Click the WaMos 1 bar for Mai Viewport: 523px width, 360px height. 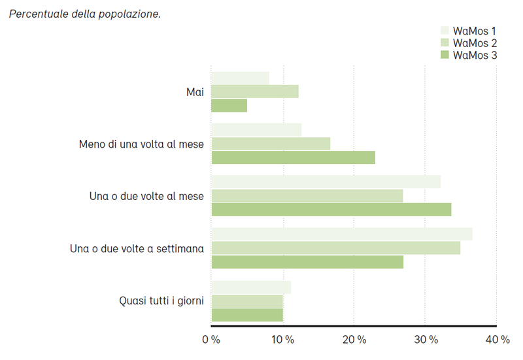click(240, 78)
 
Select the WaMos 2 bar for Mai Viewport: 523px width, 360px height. click(255, 91)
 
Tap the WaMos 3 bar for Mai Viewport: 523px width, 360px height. click(229, 105)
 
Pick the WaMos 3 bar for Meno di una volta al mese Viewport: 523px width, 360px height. click(293, 157)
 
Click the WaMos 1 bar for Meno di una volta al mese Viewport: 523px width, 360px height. click(256, 130)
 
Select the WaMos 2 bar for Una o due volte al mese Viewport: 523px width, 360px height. click(307, 196)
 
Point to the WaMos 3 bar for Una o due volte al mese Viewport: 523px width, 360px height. click(331, 210)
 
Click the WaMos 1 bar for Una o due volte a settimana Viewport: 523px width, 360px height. click(341, 235)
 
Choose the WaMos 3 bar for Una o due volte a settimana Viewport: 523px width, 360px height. click(307, 262)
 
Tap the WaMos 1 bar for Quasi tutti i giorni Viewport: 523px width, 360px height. click(251, 287)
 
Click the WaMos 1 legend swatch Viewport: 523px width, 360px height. click(445, 31)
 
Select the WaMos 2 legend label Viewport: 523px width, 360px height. click(475, 43)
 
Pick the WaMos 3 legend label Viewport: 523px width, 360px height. click(475, 56)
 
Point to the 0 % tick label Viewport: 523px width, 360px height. click(211, 340)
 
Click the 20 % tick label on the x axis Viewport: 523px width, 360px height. click(354, 340)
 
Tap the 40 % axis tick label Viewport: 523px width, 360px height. click(497, 340)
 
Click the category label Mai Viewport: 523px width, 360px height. click(195, 92)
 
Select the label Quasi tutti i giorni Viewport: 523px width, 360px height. click(161, 301)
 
